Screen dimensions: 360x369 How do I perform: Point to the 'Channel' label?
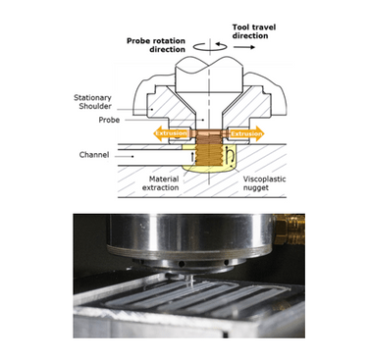pyautogui.click(x=96, y=155)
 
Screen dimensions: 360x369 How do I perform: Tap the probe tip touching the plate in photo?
pyautogui.click(x=192, y=284)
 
